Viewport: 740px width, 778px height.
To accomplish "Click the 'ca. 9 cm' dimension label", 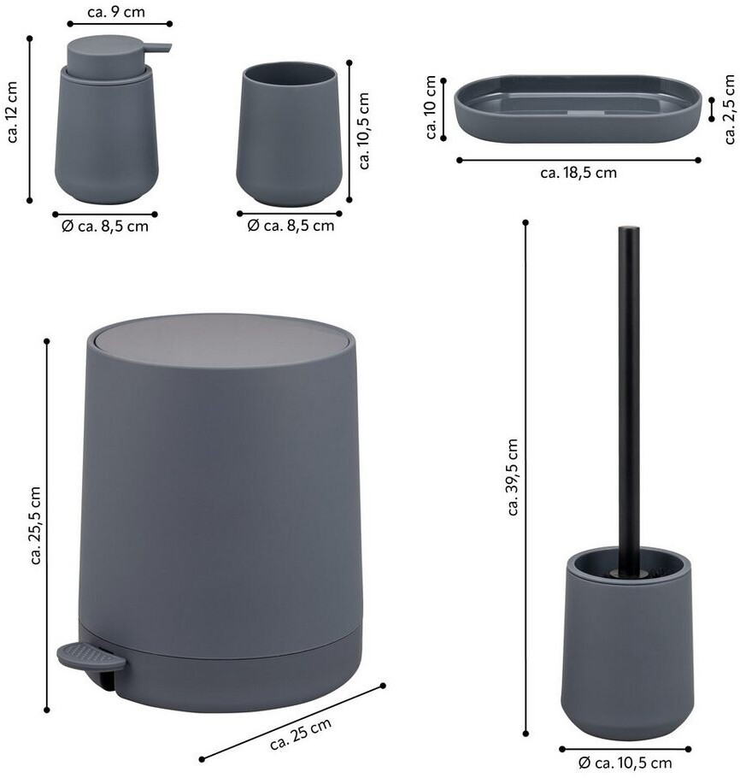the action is [116, 12].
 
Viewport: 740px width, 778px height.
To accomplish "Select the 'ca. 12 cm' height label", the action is [12, 112].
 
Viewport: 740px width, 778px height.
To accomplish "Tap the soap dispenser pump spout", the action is [159, 48].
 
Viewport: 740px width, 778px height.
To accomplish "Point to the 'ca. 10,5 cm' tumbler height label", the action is [364, 131].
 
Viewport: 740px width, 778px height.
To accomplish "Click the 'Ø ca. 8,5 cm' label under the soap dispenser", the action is [105, 227].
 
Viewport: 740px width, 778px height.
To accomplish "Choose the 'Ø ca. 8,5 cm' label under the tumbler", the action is [291, 226].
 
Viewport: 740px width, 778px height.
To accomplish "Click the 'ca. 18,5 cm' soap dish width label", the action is [578, 173].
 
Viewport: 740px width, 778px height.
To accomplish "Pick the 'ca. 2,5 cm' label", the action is [730, 109].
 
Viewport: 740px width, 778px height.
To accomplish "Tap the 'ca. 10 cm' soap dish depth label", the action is [431, 107].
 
